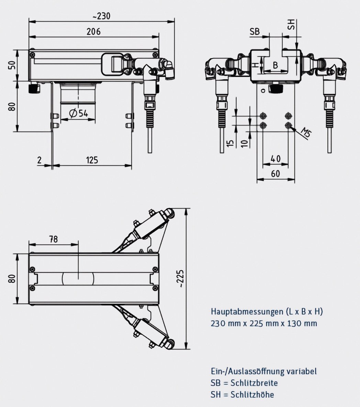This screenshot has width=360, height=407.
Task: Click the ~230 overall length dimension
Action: click(101, 16)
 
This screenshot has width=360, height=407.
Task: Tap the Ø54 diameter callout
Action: click(78, 113)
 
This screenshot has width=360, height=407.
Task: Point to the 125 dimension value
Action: click(92, 160)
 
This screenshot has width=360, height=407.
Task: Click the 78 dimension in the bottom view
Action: click(53, 239)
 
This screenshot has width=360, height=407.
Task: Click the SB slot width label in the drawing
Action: click(255, 32)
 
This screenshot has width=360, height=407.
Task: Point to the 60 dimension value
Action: click(275, 174)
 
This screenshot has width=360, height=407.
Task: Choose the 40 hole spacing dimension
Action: click(275, 159)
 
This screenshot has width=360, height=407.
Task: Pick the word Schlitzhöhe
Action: click(252, 394)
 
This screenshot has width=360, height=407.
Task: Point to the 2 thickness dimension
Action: click(40, 160)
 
